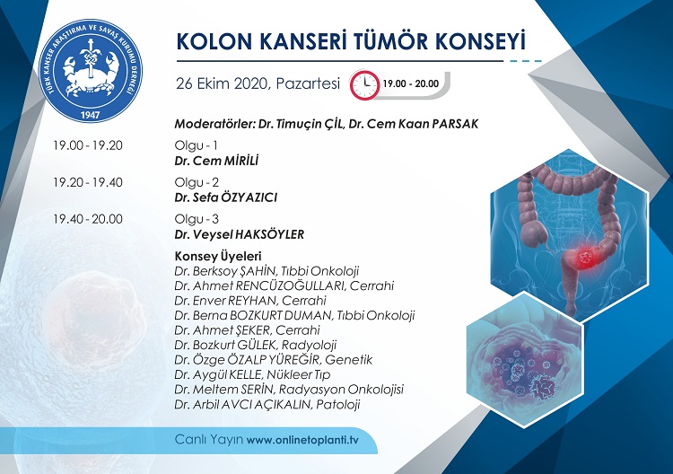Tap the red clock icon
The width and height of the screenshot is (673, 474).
point(365,84)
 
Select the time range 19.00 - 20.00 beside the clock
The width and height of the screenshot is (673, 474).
point(411,83)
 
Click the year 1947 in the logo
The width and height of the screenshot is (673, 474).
point(90,115)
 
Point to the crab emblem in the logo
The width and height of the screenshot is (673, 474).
point(90,72)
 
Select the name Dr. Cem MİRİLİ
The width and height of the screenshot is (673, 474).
point(216,161)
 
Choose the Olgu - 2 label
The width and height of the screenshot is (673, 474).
point(197,182)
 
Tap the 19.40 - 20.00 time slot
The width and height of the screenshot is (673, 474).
point(88,219)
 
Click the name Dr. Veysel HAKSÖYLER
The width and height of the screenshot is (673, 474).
point(239,234)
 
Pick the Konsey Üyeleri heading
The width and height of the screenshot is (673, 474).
point(218,257)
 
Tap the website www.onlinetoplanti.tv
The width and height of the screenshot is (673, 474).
point(302,440)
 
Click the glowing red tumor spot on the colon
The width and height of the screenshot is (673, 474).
point(585,258)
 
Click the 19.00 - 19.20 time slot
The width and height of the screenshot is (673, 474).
point(88,145)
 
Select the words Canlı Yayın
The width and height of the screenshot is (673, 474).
point(209,440)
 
